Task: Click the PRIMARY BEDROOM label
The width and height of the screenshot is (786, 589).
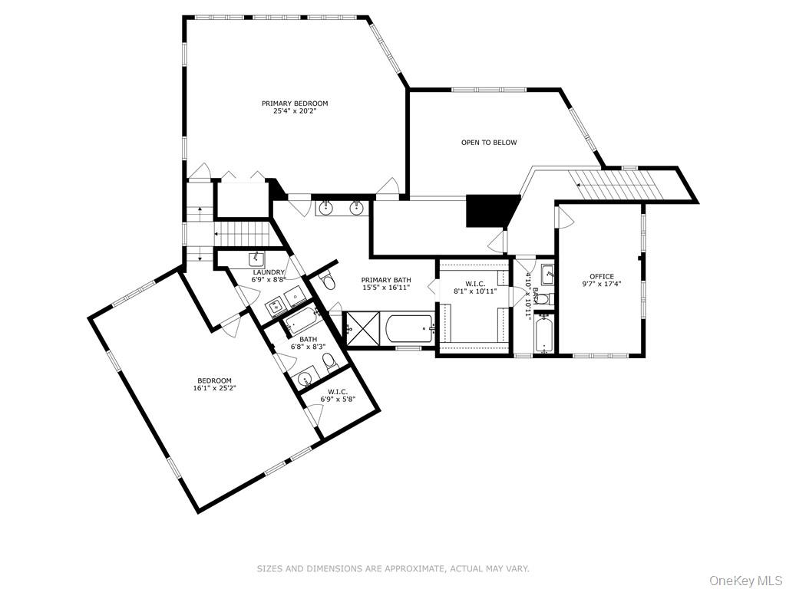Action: (x=295, y=104)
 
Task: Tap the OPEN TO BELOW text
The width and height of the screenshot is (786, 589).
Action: (x=489, y=143)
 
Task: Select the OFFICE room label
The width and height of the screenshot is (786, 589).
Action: (x=601, y=277)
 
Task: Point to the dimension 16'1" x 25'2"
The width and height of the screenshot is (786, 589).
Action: (x=214, y=388)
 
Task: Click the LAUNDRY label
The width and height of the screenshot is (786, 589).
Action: (x=269, y=272)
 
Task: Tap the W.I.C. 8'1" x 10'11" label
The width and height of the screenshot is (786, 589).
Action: (x=475, y=287)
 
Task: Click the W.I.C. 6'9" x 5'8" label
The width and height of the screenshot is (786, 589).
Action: (x=338, y=396)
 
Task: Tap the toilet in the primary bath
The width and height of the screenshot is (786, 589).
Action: (x=328, y=282)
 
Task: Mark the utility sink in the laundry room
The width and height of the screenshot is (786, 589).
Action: (x=258, y=258)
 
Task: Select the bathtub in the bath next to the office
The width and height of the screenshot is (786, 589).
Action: (x=543, y=337)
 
